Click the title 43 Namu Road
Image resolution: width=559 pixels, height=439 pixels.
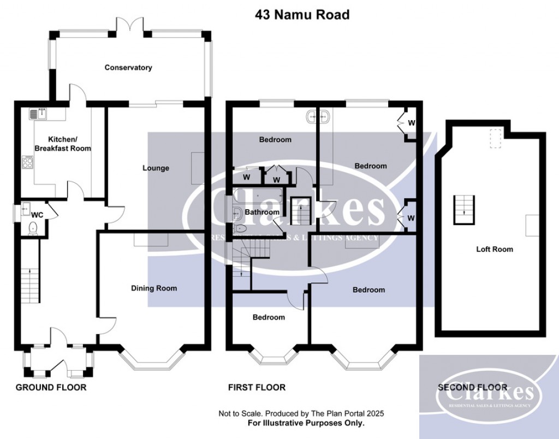[302, 15]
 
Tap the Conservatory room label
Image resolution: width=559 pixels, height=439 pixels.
[128, 68]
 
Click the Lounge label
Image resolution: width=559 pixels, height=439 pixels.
[156, 168]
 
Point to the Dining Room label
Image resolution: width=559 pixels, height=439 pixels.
[154, 288]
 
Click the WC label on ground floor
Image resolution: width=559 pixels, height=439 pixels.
[37, 215]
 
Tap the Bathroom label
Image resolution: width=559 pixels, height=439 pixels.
[261, 212]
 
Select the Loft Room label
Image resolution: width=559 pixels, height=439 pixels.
[495, 249]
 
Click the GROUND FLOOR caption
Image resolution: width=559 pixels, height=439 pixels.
[51, 388]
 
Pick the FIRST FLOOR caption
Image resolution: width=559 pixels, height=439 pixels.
[257, 388]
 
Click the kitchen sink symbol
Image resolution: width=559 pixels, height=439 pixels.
[40, 114]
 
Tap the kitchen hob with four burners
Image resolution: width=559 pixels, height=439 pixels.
[27, 162]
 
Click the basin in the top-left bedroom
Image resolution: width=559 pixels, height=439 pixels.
[317, 116]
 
